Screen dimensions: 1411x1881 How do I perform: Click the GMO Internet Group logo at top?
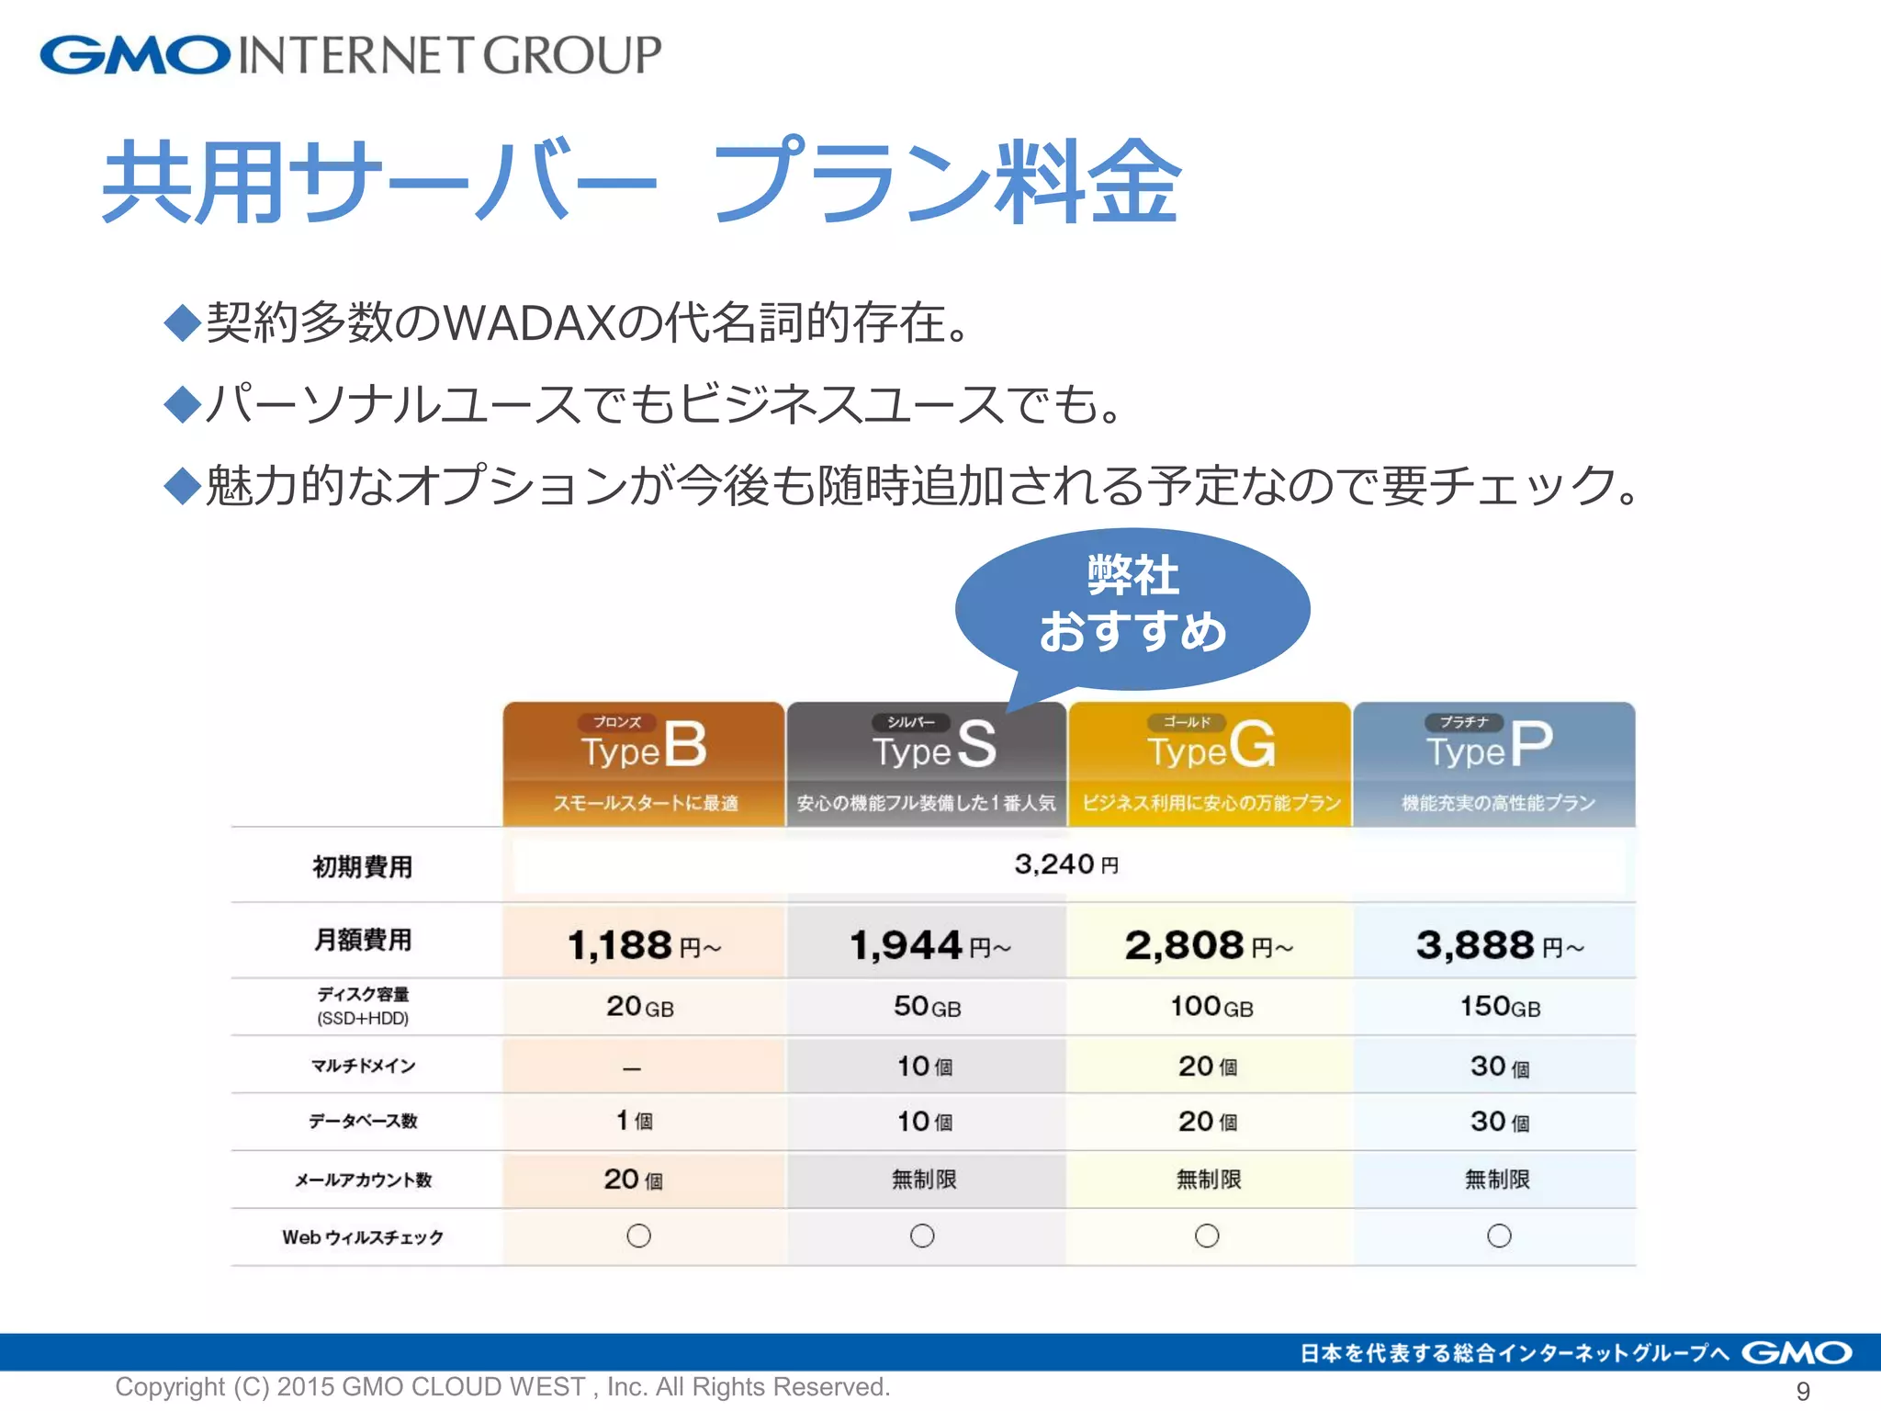pos(350,54)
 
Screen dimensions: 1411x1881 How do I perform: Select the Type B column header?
pos(644,762)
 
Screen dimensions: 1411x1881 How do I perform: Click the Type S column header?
pos(926,762)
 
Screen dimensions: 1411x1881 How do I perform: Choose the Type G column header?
pos(1210,762)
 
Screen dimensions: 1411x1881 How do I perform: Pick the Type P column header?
pos(1494,762)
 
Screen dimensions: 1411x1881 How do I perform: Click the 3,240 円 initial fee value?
pos(1066,864)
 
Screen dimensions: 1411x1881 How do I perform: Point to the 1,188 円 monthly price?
pos(644,945)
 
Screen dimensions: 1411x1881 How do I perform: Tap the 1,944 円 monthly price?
pos(929,945)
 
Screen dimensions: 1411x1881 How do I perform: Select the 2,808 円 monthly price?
pos(1209,945)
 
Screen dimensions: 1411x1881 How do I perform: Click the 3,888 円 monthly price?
pos(1499,945)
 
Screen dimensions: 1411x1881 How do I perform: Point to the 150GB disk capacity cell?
pos(1500,1007)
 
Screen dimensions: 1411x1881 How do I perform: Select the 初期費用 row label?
pos(363,866)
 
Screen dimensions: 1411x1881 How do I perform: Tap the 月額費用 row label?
pos(363,940)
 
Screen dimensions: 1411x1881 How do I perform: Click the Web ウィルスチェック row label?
pos(363,1237)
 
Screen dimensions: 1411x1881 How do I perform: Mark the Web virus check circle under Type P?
pos(1499,1236)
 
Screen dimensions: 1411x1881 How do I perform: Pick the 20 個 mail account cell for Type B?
pos(633,1180)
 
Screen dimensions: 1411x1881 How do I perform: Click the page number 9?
pos(1803,1391)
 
